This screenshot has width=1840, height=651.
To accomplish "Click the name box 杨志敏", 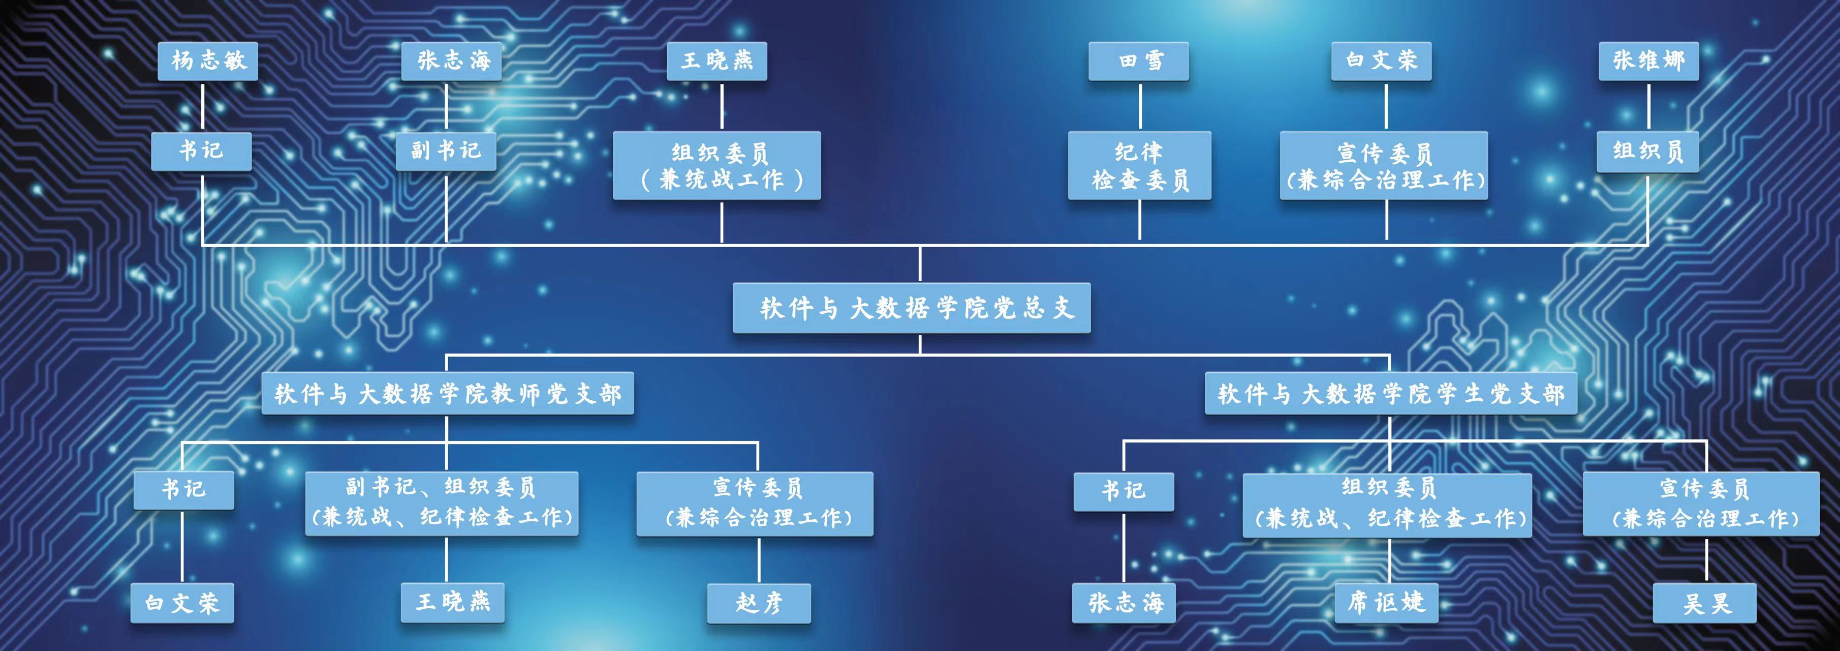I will (208, 61).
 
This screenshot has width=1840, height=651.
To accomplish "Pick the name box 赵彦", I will (759, 604).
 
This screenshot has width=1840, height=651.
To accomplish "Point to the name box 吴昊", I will (1705, 604).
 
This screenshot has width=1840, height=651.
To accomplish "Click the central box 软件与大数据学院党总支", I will (912, 308).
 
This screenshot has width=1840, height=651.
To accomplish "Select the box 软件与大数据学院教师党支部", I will (448, 394).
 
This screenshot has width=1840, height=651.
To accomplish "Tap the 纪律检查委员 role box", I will (1139, 166).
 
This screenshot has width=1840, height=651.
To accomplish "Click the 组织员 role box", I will (1648, 152).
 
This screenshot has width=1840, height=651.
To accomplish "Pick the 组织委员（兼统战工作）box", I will (716, 166).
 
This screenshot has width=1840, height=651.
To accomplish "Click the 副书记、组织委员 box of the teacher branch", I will (442, 503).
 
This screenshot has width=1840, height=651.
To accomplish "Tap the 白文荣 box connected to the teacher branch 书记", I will (182, 604).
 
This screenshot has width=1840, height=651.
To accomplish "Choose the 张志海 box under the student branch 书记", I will (1124, 604).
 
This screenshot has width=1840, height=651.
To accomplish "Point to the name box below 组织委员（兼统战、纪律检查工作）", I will (1386, 604).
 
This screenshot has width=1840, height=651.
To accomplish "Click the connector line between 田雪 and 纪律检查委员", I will (1140, 106).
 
